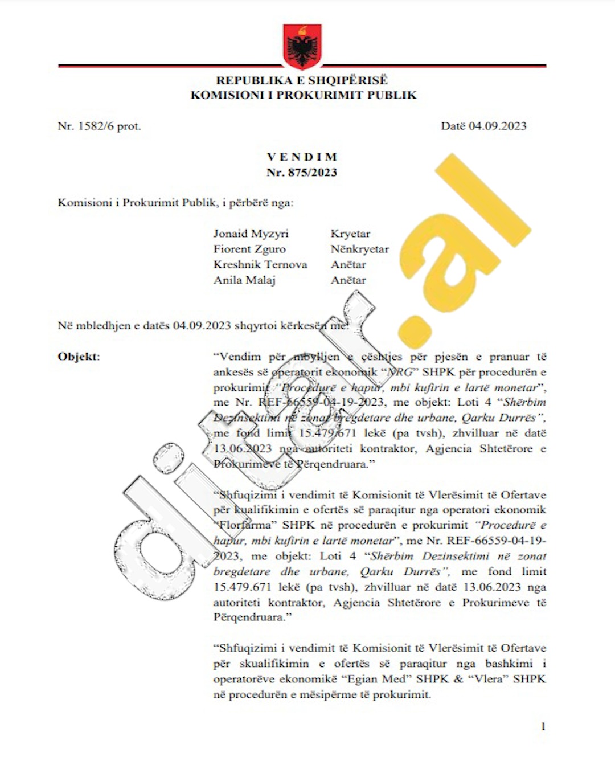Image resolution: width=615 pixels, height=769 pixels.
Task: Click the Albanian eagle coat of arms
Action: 302,46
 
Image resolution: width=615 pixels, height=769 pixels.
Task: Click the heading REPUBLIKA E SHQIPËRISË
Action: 302,80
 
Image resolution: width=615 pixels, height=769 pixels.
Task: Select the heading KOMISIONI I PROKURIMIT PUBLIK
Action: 303,95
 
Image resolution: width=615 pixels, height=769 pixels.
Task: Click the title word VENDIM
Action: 302,157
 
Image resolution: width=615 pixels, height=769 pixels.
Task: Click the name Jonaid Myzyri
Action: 251,234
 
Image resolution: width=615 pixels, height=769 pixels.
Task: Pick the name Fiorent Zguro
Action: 249,249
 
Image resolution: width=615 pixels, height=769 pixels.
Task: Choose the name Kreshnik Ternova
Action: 260,264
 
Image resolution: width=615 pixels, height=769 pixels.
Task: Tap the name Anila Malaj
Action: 244,280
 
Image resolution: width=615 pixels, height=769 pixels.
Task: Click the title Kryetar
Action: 350,234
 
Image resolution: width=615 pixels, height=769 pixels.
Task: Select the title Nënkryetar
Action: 360,249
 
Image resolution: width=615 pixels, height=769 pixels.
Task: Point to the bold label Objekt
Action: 77,357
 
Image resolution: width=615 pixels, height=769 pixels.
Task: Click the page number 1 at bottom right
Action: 543,726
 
